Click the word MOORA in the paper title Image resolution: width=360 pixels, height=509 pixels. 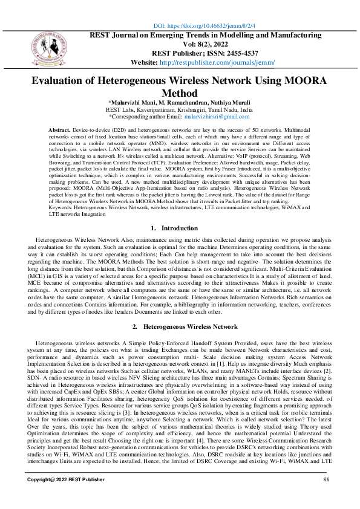click(304, 81)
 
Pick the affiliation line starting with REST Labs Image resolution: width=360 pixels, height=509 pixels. click(179, 109)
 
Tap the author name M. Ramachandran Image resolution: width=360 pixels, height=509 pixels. click(178, 102)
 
